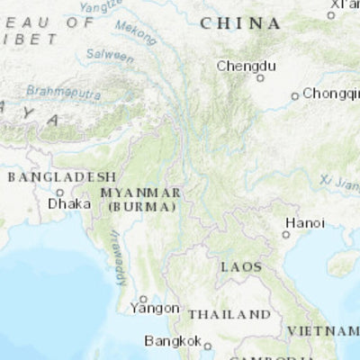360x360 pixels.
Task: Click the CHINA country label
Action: (x=239, y=23)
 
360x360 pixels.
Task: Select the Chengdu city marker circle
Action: (x=261, y=77)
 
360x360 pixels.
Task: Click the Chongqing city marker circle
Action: (x=294, y=96)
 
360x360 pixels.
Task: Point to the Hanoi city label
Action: (x=304, y=222)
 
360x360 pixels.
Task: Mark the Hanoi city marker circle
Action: (x=286, y=234)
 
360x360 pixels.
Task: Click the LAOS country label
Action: (x=241, y=267)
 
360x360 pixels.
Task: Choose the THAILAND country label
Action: (x=229, y=314)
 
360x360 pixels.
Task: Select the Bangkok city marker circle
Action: (x=207, y=346)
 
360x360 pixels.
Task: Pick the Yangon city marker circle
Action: (x=143, y=299)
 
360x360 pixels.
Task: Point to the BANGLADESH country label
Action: (x=62, y=176)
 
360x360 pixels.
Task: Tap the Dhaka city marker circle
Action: (x=60, y=192)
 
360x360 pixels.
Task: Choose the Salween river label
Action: (x=110, y=55)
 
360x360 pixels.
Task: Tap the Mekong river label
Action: (x=135, y=34)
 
